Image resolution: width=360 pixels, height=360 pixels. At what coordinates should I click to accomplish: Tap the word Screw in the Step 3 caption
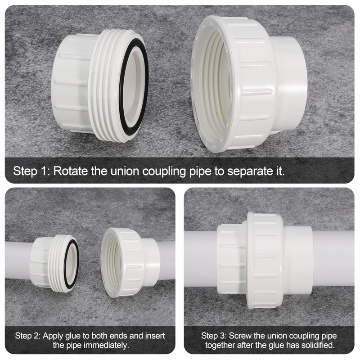(241, 336)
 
